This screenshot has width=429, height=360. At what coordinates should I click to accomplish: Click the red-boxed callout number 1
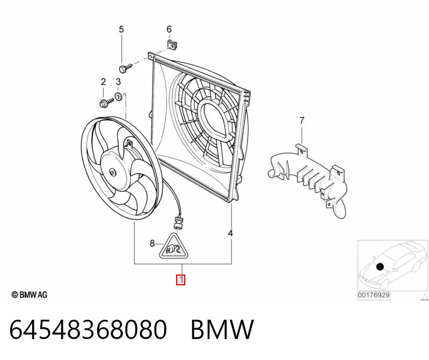coord(181,280)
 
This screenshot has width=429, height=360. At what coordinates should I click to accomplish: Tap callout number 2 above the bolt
coord(103,82)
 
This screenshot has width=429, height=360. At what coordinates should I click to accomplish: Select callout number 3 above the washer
coord(118,82)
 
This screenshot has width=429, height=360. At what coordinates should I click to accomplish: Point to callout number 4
coord(230,233)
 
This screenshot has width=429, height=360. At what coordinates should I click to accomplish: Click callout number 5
coord(121,29)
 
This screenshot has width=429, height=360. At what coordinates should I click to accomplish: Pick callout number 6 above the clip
coord(169,29)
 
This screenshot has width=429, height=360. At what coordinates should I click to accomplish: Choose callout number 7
coord(302,120)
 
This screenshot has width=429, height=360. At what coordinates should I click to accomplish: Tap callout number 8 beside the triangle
coord(152,243)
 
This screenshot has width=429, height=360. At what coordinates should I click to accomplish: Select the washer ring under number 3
coord(119,97)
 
